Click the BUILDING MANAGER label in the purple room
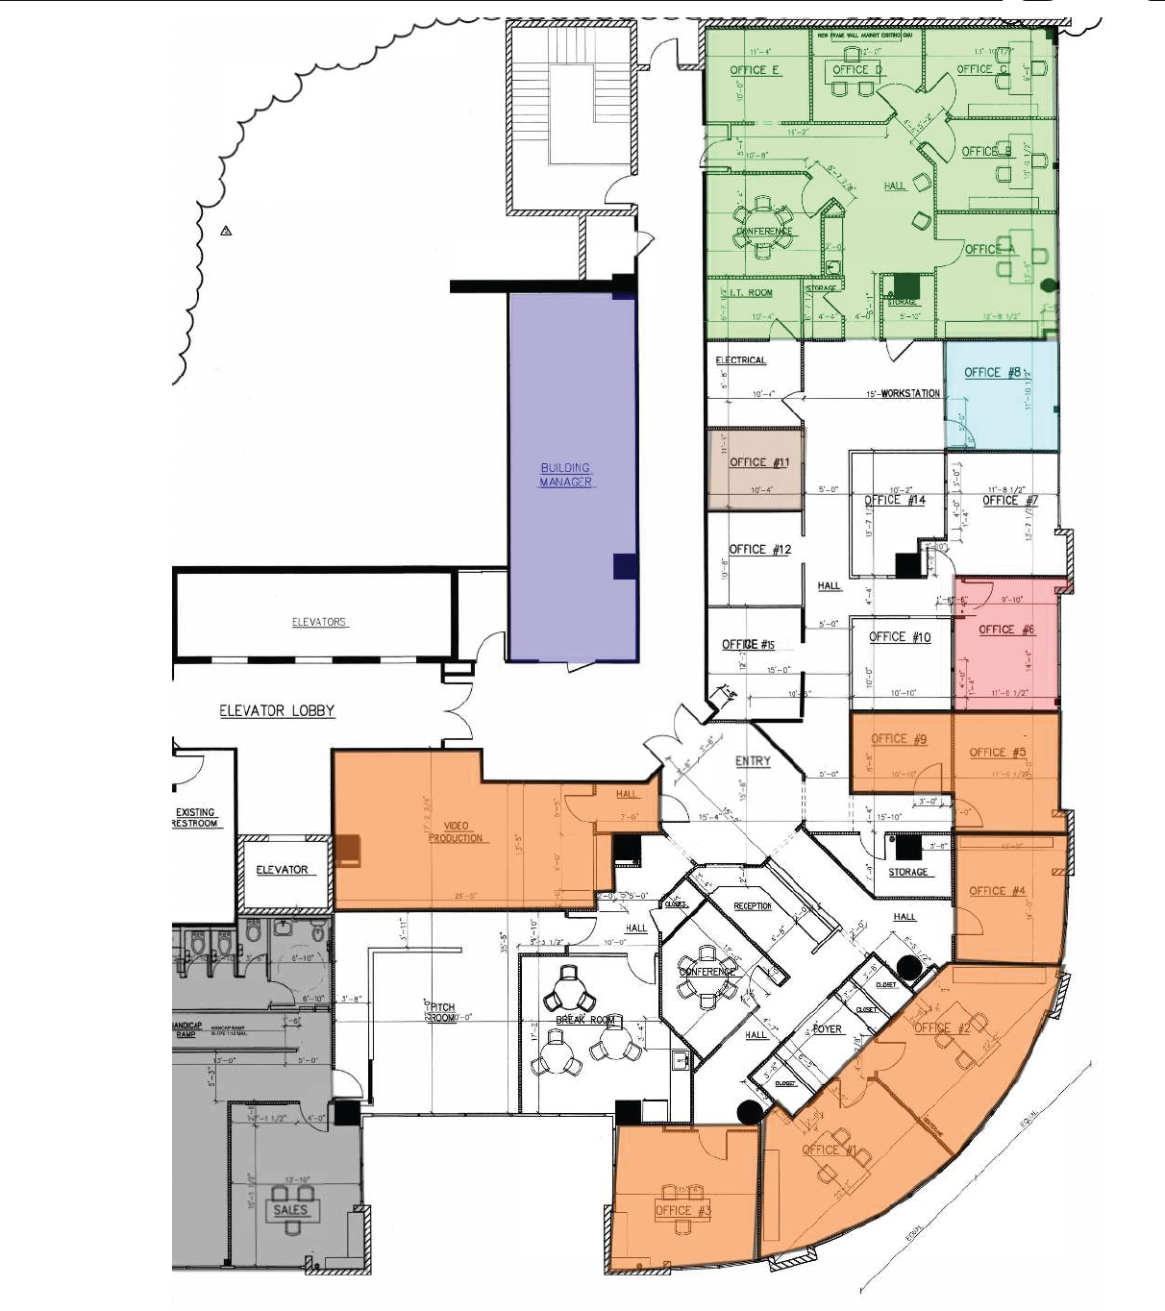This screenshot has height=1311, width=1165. (x=565, y=475)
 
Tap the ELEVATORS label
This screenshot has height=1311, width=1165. (x=319, y=622)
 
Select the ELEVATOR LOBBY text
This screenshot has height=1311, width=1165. (x=277, y=711)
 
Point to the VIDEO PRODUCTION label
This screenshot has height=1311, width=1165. (x=456, y=832)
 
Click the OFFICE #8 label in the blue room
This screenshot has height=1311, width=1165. (x=992, y=373)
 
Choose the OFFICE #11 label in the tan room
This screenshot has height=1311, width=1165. (x=758, y=462)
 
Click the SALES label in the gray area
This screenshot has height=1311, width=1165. (x=290, y=1210)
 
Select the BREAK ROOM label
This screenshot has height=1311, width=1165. (x=585, y=1020)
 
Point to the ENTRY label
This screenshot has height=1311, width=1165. (x=753, y=761)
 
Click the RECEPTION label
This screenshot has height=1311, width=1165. (x=753, y=906)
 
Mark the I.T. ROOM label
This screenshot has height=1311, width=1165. (x=751, y=293)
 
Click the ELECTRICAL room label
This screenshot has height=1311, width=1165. (x=741, y=360)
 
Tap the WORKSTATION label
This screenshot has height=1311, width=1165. (x=909, y=393)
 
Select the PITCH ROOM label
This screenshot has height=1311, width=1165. (x=442, y=1012)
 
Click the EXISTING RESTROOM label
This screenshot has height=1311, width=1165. (x=195, y=818)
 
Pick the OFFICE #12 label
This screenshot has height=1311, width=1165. (x=759, y=550)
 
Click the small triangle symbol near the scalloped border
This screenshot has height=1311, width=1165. (x=226, y=231)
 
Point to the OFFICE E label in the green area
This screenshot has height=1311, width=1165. (x=755, y=70)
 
